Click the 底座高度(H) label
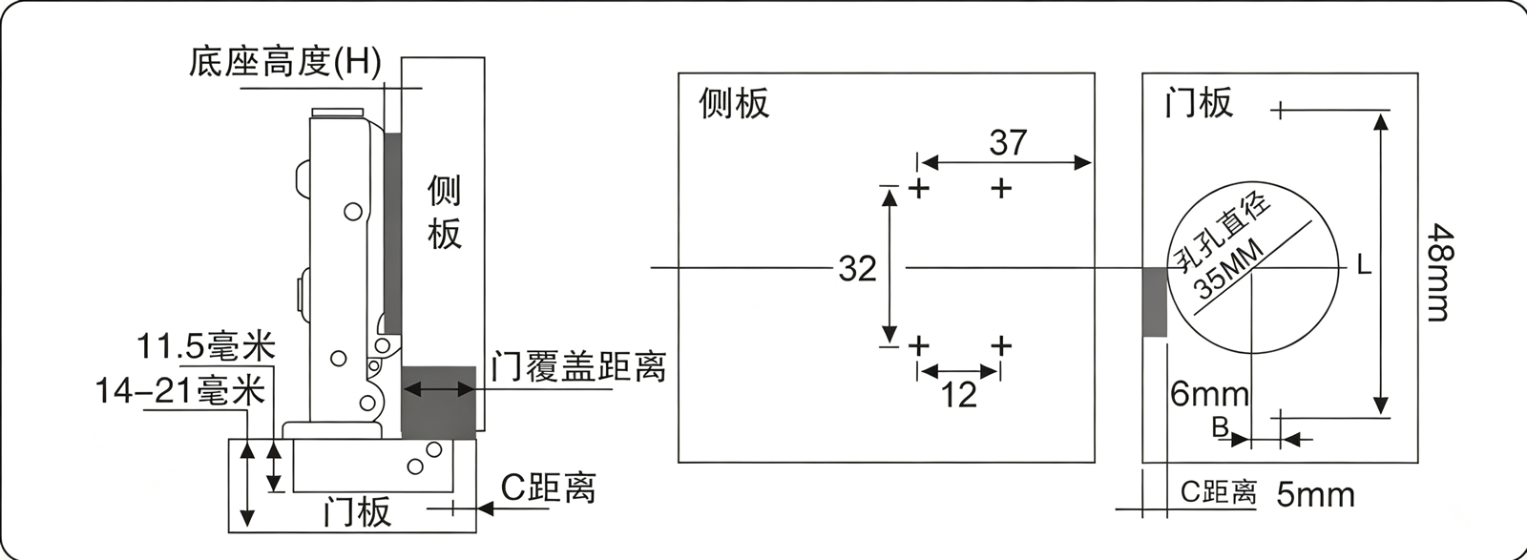coord(284,62)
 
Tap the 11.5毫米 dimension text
coord(206,346)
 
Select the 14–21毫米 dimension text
coord(180,391)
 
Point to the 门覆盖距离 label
coord(578,366)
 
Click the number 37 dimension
coord(1008,142)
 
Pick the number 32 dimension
coord(858,268)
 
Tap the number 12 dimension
coord(958,395)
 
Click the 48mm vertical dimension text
coord(1441,273)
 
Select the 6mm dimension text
coord(1210,394)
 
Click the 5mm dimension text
coord(1316,494)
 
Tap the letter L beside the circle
coord(1364,264)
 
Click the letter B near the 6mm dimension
coord(1221,427)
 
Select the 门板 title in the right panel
coord(1199,103)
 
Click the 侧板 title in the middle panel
coord(734,104)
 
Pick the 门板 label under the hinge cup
coord(358,511)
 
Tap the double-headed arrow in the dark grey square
coord(438,389)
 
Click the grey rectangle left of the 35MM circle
coord(1155,301)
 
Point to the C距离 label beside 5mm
coord(1219,492)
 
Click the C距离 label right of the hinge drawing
coord(548,487)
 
